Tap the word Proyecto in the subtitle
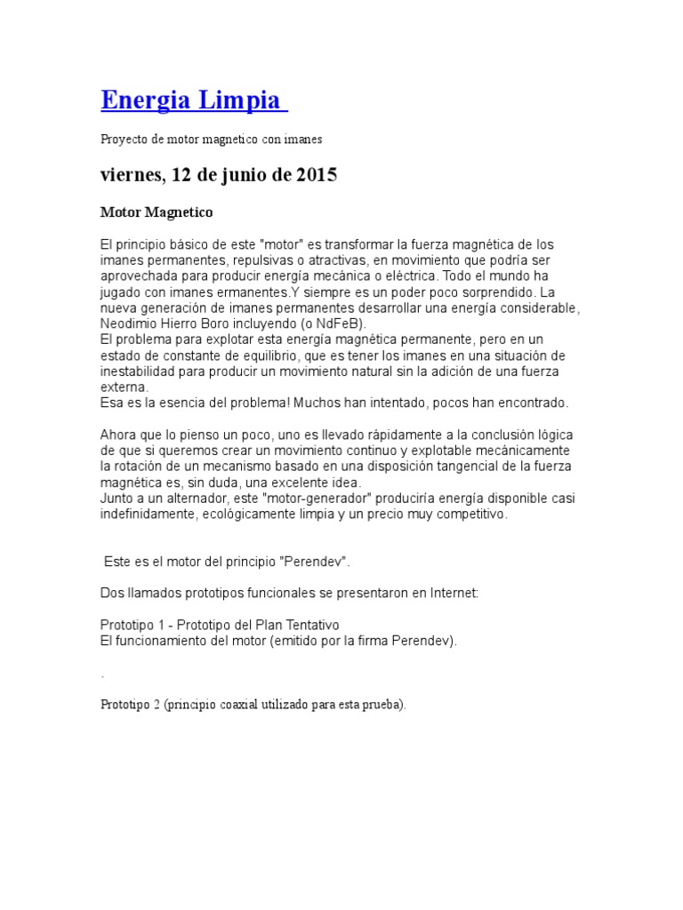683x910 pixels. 123,140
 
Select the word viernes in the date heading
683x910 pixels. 130,175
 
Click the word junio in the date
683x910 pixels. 236,175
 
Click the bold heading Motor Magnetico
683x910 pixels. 157,213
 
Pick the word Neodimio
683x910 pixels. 130,323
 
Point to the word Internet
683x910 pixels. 450,594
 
